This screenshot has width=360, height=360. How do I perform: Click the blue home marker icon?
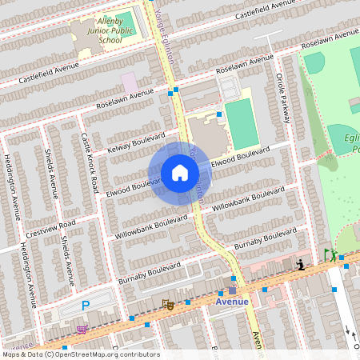pyautogui.click(x=179, y=173)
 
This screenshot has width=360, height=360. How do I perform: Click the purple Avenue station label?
pyautogui.click(x=232, y=302)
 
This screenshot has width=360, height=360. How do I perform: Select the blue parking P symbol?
pyautogui.click(x=86, y=305)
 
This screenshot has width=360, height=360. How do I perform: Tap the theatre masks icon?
pyautogui.click(x=167, y=303)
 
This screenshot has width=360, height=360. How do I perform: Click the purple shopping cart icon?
pyautogui.click(x=81, y=328)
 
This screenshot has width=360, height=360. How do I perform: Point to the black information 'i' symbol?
pyautogui.click(x=300, y=265)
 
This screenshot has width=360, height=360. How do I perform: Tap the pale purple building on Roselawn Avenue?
pyautogui.click(x=129, y=82)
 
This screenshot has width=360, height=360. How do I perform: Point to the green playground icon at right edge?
pyautogui.click(x=329, y=255)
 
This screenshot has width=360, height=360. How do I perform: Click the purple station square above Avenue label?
pyautogui.click(x=232, y=290)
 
